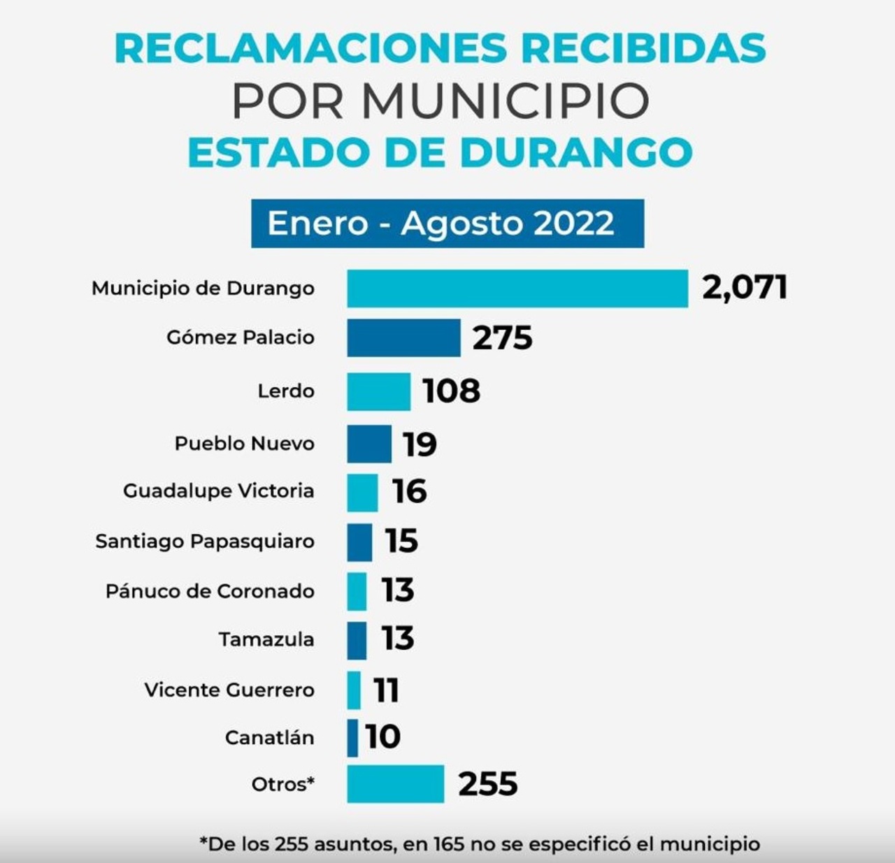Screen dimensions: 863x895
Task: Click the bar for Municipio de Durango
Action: pyautogui.click(x=517, y=289)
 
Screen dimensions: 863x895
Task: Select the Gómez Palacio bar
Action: pyautogui.click(x=403, y=338)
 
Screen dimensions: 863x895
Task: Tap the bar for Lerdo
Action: pyautogui.click(x=378, y=391)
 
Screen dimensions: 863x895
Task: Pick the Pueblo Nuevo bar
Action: pyautogui.click(x=369, y=444)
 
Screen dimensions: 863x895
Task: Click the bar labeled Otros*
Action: pyautogui.click(x=395, y=784)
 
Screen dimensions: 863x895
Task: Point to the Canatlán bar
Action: pyautogui.click(x=352, y=738)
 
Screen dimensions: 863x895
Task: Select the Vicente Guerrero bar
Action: pyautogui.click(x=354, y=690)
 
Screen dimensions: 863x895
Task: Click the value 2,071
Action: pyautogui.click(x=745, y=287)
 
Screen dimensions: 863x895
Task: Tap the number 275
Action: pyautogui.click(x=502, y=338)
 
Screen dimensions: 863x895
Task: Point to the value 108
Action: pyautogui.click(x=452, y=391)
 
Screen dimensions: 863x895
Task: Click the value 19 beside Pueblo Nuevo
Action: pyautogui.click(x=420, y=444)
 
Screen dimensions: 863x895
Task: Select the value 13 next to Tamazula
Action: pyautogui.click(x=398, y=639)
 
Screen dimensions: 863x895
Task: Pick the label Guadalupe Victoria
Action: pyautogui.click(x=218, y=491)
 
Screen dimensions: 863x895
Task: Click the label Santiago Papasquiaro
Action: pyautogui.click(x=205, y=542)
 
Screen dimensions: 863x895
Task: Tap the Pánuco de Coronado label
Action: pyautogui.click(x=210, y=591)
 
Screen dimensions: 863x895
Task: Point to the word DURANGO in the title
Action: pyautogui.click(x=576, y=153)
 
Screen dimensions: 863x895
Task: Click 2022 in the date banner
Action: pyautogui.click(x=573, y=224)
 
